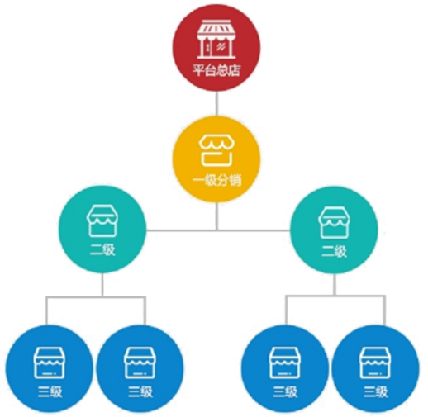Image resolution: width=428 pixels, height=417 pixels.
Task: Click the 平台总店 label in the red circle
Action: point(216,70)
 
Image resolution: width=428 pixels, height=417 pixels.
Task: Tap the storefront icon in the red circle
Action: point(216,40)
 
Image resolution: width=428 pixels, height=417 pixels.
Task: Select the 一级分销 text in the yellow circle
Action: point(217,180)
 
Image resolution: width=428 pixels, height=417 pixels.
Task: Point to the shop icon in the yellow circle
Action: point(216,151)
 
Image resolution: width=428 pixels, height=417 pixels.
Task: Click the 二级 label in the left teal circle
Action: point(102,250)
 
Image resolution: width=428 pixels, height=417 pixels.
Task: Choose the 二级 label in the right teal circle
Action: point(334,251)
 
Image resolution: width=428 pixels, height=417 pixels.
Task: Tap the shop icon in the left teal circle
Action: point(102,221)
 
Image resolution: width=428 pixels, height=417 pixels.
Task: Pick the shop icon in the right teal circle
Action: point(334,223)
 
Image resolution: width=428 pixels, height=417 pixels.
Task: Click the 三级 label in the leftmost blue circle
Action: point(50,391)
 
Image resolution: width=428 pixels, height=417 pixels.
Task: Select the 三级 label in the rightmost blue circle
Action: point(376,391)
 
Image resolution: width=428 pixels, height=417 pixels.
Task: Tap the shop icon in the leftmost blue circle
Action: point(50,363)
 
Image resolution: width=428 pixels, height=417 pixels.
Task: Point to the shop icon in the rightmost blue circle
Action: point(375,363)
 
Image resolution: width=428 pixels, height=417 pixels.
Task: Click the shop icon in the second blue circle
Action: point(140,363)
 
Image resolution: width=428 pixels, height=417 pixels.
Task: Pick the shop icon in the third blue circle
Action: point(285,363)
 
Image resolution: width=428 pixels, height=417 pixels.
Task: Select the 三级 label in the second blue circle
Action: point(140,391)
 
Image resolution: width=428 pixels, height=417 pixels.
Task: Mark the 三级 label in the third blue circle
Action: point(285,391)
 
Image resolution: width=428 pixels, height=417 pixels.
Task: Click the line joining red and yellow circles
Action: point(216,103)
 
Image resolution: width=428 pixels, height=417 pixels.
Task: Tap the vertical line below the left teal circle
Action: point(102,285)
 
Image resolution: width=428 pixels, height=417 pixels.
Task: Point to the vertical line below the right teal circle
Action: point(335,285)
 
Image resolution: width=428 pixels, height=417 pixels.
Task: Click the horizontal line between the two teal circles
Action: point(218,230)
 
